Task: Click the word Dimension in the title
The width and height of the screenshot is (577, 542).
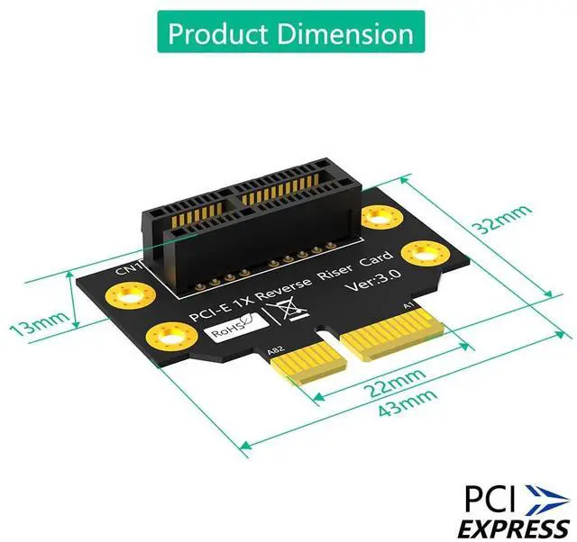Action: click(347, 34)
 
